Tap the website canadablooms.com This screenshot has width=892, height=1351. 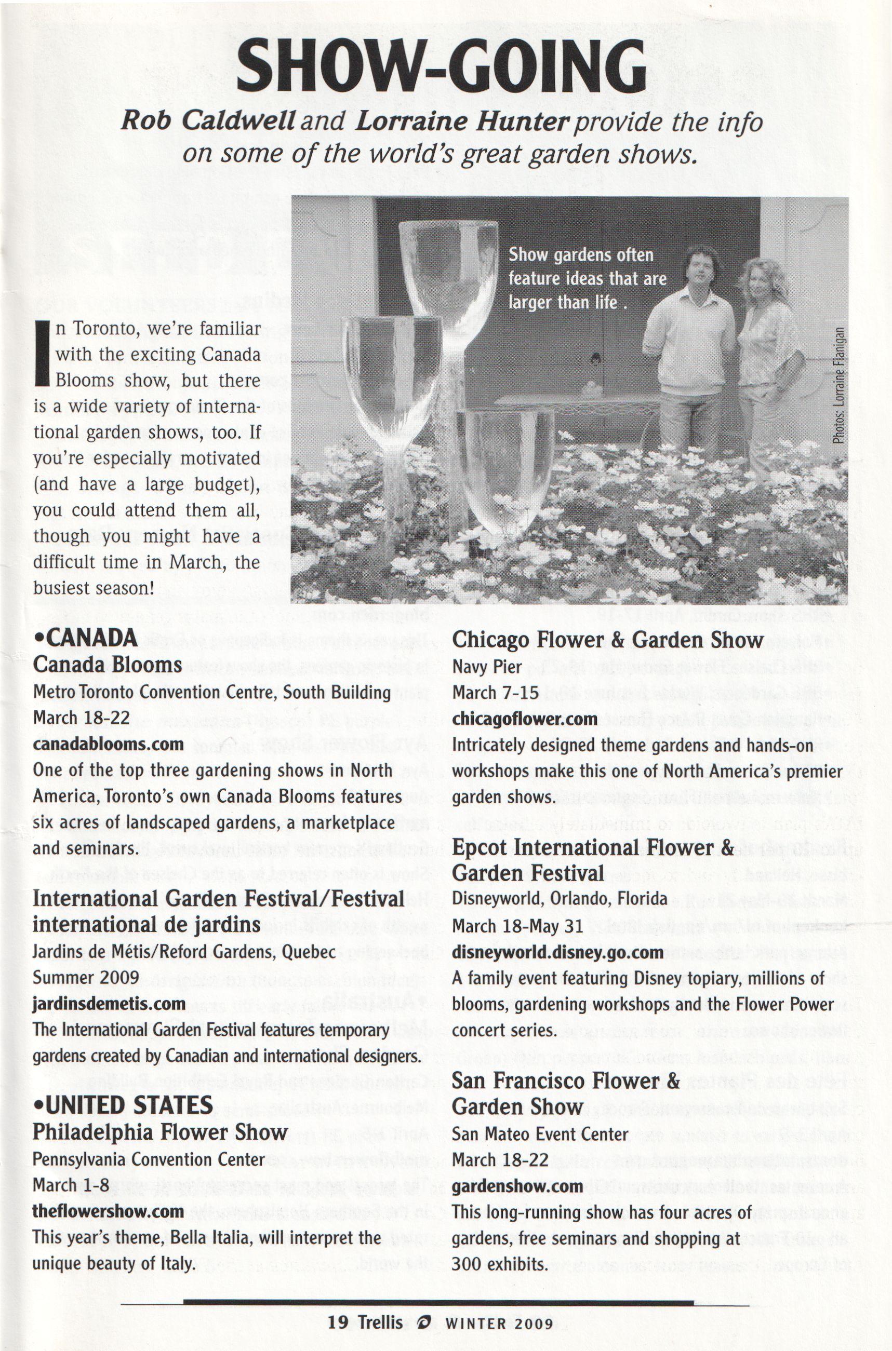108,744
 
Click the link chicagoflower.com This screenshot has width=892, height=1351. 525,719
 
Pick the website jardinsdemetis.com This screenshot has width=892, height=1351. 109,1003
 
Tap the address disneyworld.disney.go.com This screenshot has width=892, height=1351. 557,952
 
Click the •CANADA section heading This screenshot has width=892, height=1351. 85,638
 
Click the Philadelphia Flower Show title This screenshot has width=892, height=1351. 160,1131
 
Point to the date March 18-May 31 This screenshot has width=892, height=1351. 517,926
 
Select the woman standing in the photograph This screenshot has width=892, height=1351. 768,364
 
